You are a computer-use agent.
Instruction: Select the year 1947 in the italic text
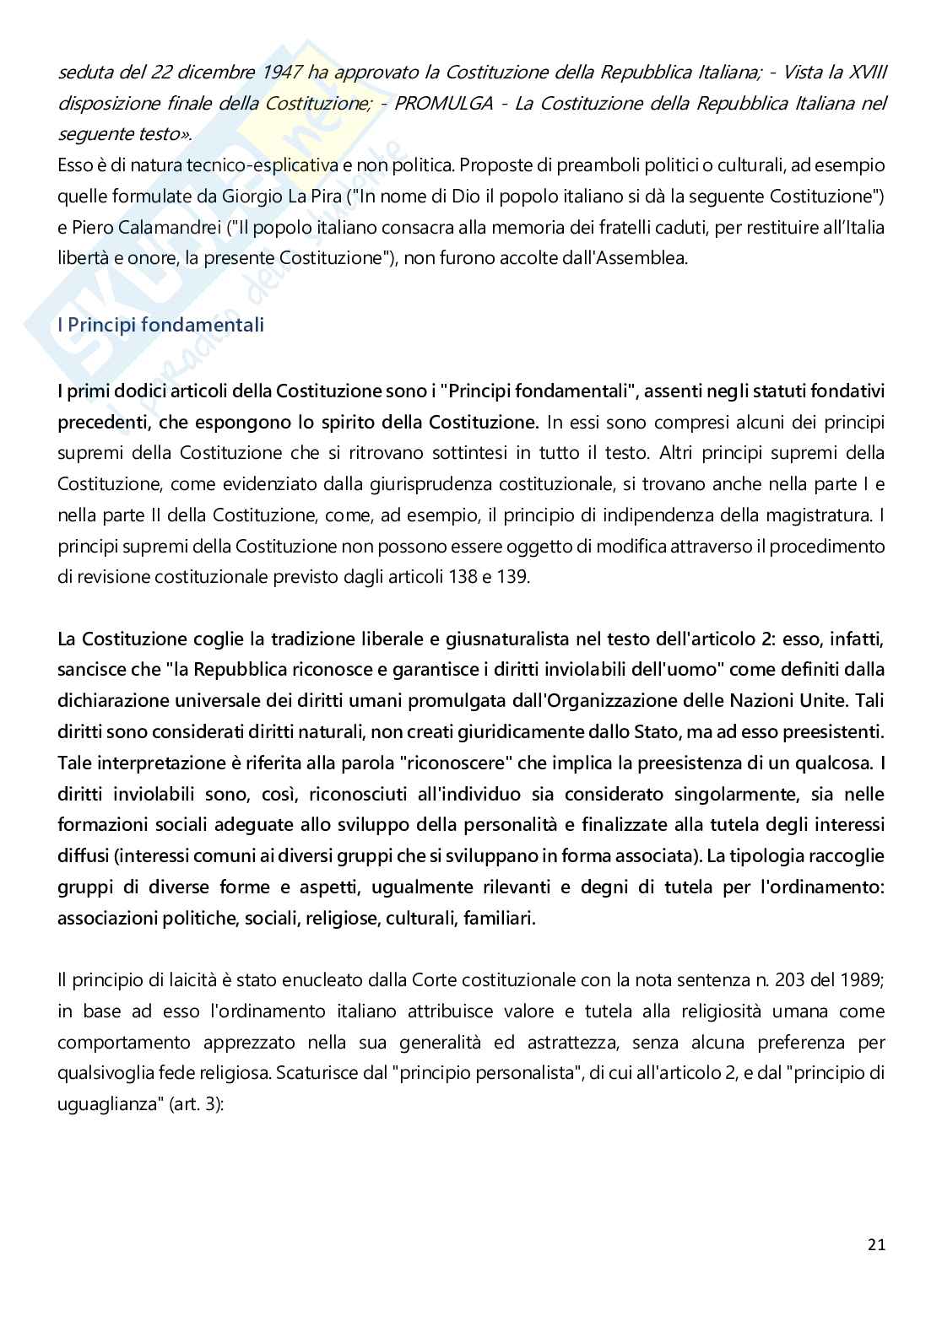coord(283,73)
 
